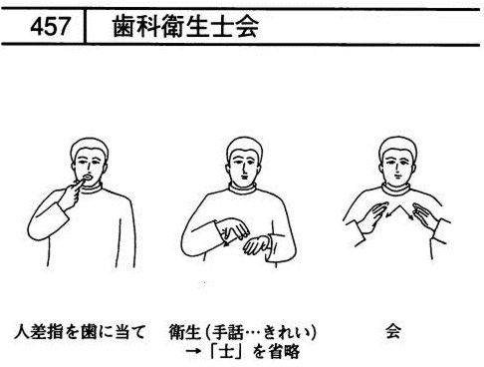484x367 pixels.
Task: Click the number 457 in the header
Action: pyautogui.click(x=50, y=27)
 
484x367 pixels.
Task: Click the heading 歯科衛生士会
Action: pyautogui.click(x=185, y=26)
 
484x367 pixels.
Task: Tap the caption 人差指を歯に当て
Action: pyautogui.click(x=80, y=332)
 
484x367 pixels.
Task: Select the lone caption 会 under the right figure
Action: pyautogui.click(x=393, y=331)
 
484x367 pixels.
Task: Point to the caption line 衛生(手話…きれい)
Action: pyautogui.click(x=243, y=332)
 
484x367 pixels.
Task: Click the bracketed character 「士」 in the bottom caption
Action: pyautogui.click(x=226, y=352)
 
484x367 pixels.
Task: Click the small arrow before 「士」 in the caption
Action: pyautogui.click(x=193, y=352)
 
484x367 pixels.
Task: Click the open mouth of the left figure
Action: pyautogui.click(x=88, y=178)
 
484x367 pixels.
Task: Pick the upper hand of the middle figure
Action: pyautogui.click(x=233, y=228)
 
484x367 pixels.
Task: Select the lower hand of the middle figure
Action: pyautogui.click(x=256, y=245)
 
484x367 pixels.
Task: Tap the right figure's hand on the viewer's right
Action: pyautogui.click(x=425, y=215)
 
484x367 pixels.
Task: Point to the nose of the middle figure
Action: pyautogui.click(x=245, y=169)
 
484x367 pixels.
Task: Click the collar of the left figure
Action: pyautogui.click(x=91, y=188)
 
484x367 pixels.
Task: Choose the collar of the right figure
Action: pyautogui.click(x=396, y=189)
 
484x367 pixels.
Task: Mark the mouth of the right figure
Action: pyautogui.click(x=396, y=177)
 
